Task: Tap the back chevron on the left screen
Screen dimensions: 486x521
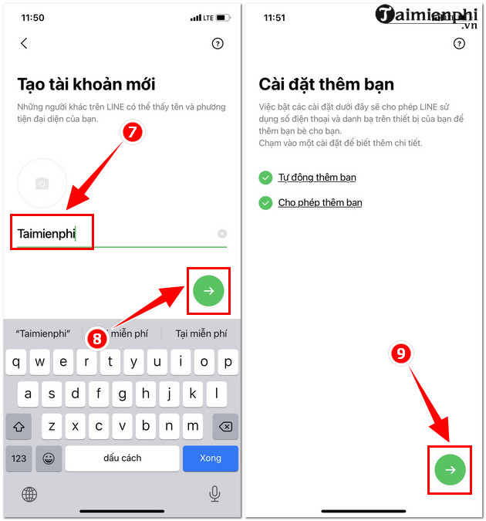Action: (x=24, y=43)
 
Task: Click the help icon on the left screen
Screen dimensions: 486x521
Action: (x=218, y=43)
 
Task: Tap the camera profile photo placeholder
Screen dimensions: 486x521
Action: (x=42, y=183)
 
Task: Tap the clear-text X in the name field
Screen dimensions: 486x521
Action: (x=222, y=234)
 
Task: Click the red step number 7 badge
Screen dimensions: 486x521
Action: (x=132, y=132)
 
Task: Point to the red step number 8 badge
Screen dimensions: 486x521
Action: (x=97, y=339)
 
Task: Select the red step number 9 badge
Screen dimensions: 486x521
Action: (x=401, y=354)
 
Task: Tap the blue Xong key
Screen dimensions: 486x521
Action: (x=211, y=458)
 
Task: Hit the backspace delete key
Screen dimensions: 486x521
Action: (x=225, y=426)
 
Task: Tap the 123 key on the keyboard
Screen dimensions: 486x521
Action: (x=19, y=458)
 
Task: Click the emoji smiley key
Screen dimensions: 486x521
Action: (x=49, y=458)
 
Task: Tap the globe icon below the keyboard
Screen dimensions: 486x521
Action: (x=29, y=494)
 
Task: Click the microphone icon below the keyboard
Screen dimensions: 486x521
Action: (x=214, y=494)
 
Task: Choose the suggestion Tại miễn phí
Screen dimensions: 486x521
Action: (x=201, y=333)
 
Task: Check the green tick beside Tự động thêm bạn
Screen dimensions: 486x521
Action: (x=265, y=178)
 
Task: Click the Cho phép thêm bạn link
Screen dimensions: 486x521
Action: (x=320, y=203)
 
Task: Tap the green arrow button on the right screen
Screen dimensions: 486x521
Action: (x=450, y=469)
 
